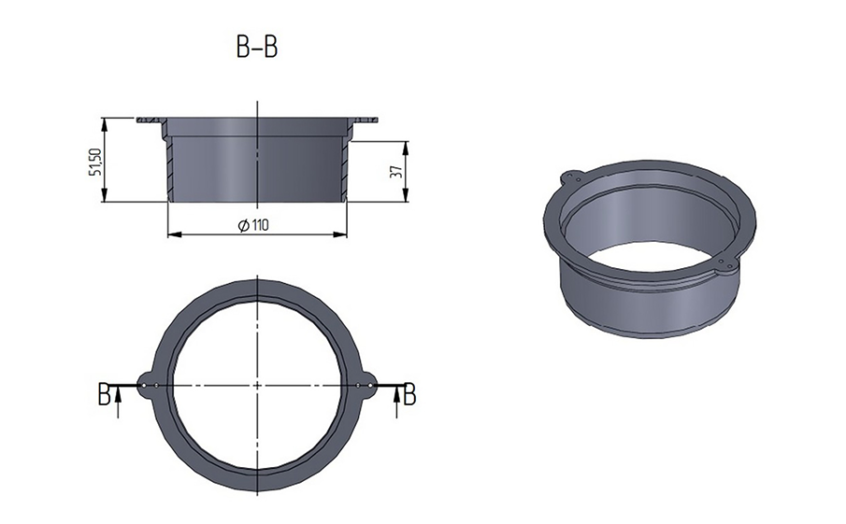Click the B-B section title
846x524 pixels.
click(257, 48)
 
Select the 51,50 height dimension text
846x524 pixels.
click(95, 162)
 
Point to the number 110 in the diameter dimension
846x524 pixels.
click(260, 225)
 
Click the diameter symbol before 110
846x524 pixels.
click(243, 225)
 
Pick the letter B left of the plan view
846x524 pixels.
click(104, 394)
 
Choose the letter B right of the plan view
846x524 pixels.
click(410, 394)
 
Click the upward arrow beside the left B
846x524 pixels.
click(118, 403)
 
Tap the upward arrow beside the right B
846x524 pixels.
click(396, 403)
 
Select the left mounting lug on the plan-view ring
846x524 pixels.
click(147, 386)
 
